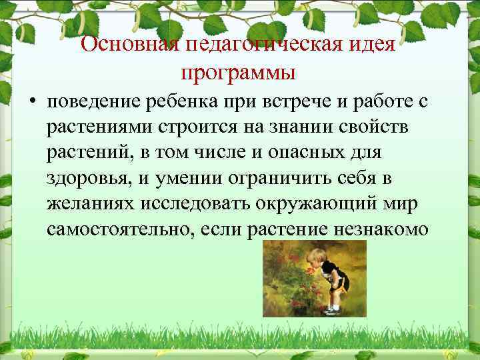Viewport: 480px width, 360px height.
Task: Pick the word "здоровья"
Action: (x=85, y=178)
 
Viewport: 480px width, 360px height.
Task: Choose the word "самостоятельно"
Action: (x=114, y=229)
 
